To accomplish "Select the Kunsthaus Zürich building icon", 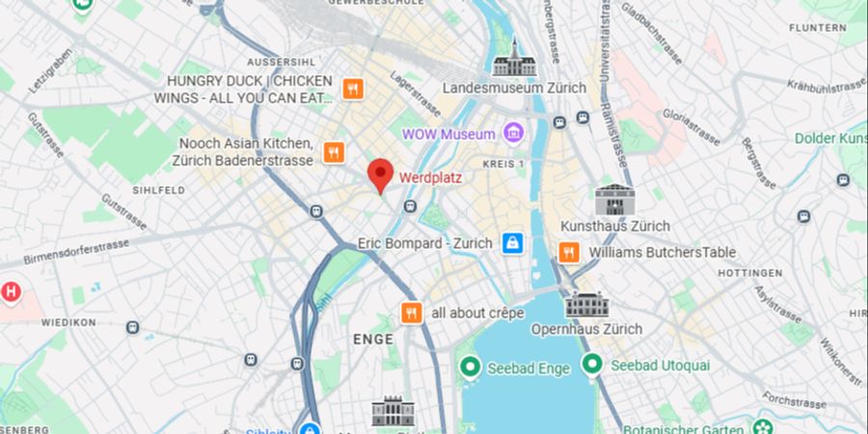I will [x=614, y=200].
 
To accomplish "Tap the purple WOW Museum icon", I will [x=513, y=133].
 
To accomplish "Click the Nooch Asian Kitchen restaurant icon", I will [x=334, y=151].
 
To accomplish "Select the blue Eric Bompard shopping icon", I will [x=512, y=243].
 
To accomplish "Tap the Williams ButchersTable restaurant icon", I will [x=569, y=252].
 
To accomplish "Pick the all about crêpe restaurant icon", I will [x=412, y=312].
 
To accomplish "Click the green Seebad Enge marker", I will [x=470, y=366].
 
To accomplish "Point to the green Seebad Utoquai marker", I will [x=591, y=366].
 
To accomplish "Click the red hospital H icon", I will [x=11, y=290].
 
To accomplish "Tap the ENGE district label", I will [x=373, y=339].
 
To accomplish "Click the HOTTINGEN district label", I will [x=749, y=273].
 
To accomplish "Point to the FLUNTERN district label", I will [x=819, y=28].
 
